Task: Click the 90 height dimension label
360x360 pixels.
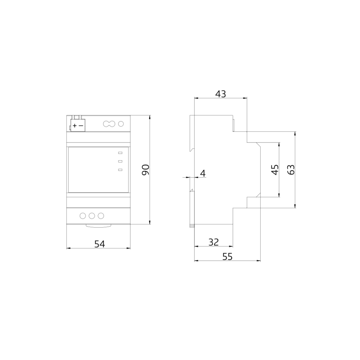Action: coord(145,170)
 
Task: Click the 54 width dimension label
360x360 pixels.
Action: coord(100,244)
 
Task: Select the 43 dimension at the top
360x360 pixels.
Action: coord(221,94)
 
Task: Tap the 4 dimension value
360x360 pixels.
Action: coord(203,174)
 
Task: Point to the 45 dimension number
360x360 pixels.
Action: coord(275,170)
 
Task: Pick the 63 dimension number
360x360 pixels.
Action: coord(291,170)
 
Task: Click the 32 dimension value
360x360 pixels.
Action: coord(213,242)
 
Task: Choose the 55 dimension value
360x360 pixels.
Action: coord(228,257)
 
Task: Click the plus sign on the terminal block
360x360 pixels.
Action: coord(75,126)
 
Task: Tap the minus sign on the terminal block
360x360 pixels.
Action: coord(81,126)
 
